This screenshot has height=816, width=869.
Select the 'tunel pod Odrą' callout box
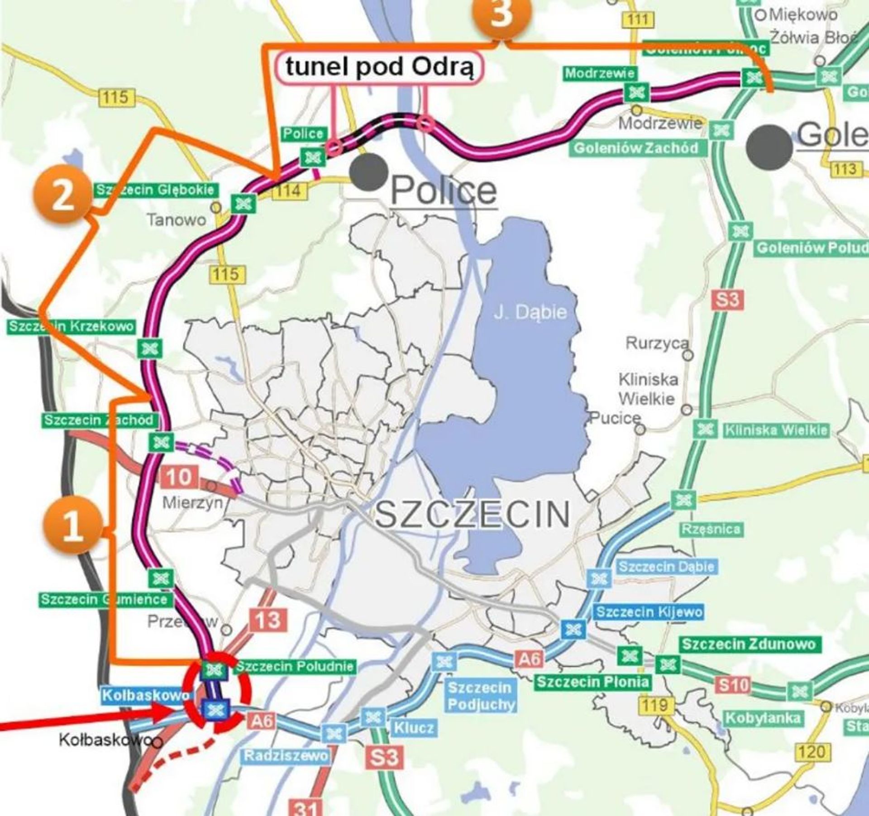point(379,68)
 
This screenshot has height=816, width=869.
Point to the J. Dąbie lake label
point(530,312)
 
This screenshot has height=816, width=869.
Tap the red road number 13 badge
point(268,620)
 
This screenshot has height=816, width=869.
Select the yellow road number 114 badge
point(289,191)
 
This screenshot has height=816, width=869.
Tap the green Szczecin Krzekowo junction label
point(71,326)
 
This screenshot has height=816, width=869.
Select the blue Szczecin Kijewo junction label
point(649,612)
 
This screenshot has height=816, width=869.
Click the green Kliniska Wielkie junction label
point(776,430)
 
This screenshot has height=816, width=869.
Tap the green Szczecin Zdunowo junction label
point(749,644)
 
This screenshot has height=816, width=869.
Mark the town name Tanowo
point(176,220)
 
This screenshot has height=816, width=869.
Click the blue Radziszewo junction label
point(286,755)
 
